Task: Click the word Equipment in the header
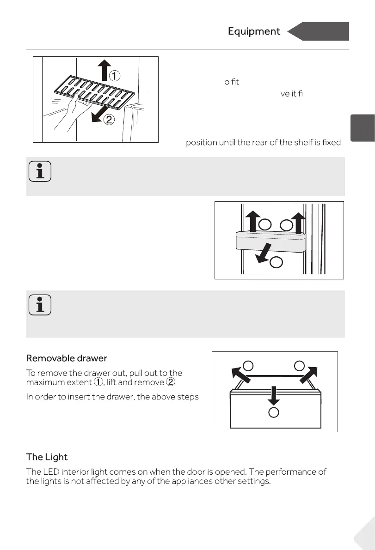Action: tap(254, 31)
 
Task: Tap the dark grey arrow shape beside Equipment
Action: tap(319, 31)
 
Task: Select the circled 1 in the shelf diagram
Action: tap(115, 74)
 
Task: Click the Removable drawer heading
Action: tap(67, 358)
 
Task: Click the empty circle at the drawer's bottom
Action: tap(274, 412)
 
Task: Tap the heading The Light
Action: tap(47, 457)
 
